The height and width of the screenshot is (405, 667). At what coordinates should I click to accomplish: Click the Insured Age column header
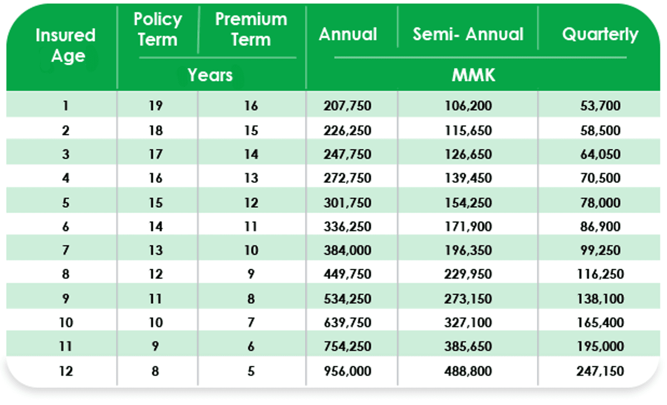tap(65, 45)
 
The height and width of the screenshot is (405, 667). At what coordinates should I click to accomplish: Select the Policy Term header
tap(157, 29)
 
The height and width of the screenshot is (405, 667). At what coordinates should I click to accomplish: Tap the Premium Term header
tap(251, 29)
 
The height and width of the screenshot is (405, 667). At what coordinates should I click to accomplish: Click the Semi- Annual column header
tap(468, 34)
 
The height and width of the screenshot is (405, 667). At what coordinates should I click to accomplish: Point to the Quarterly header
tap(600, 34)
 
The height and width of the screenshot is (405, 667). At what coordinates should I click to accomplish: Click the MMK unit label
tap(473, 75)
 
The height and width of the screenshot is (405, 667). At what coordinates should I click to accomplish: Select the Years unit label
tap(210, 75)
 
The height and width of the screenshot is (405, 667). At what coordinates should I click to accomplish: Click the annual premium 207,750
tap(347, 106)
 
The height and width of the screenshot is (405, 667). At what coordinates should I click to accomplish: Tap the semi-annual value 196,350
tap(468, 250)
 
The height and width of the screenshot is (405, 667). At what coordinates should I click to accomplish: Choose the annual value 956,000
tap(347, 371)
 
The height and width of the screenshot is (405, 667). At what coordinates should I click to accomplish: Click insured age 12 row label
tap(66, 371)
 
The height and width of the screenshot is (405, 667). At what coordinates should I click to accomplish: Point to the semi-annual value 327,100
tap(468, 322)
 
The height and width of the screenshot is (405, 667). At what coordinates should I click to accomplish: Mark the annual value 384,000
tap(347, 250)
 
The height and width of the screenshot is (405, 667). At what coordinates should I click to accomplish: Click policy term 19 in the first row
tap(156, 106)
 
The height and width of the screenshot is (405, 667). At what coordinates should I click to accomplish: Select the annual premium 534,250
tap(347, 299)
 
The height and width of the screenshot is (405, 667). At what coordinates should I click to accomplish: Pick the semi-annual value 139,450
tap(468, 178)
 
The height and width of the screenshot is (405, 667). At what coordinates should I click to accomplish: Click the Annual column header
tap(347, 34)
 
